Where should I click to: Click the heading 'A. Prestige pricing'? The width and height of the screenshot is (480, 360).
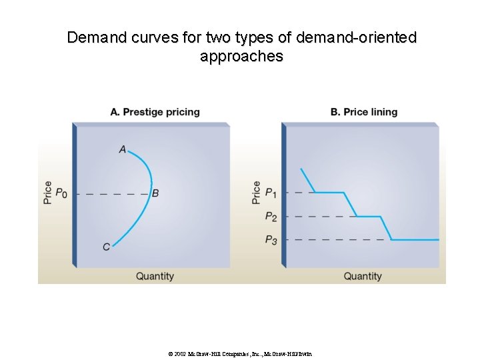[155, 112]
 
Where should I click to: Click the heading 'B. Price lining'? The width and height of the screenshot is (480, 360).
[363, 112]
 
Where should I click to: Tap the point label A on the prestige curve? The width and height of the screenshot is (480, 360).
[123, 149]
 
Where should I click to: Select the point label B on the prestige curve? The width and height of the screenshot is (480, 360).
[155, 193]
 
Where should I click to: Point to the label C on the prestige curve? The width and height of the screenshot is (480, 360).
[107, 247]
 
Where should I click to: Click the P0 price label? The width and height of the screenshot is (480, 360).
[61, 193]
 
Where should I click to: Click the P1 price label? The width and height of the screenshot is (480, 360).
[271, 193]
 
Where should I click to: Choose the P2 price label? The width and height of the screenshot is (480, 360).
[271, 216]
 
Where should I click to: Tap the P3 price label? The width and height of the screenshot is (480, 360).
[271, 240]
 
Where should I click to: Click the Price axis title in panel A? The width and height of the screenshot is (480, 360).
[47, 192]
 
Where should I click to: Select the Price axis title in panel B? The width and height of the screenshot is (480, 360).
[257, 192]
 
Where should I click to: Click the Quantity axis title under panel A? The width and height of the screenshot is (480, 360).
[155, 276]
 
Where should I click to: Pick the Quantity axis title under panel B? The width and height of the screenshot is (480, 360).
[363, 276]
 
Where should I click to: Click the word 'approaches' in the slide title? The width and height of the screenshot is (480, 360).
[241, 57]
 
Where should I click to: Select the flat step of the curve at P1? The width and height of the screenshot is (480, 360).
[329, 193]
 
